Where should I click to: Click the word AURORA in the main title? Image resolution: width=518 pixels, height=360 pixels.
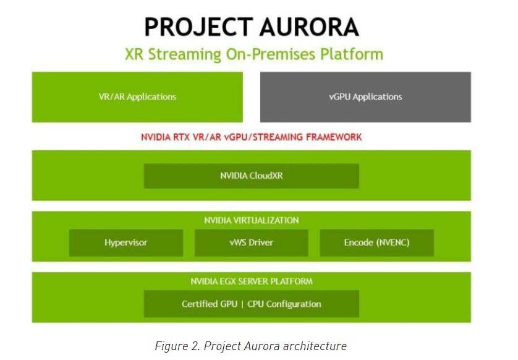pos(309,27)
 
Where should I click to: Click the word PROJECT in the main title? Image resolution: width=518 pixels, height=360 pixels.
pos(198,27)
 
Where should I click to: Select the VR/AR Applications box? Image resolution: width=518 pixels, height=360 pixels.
pos(137,97)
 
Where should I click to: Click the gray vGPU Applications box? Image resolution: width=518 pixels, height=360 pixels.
pos(365,97)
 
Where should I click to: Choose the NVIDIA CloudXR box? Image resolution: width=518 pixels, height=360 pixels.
pos(252,176)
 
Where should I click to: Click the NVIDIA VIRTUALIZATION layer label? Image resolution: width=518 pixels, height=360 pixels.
pos(252,220)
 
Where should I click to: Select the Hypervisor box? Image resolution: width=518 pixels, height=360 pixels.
pos(126,242)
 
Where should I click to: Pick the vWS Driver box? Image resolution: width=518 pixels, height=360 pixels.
pos(252,242)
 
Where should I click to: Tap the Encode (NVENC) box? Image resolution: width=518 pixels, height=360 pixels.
pos(376,242)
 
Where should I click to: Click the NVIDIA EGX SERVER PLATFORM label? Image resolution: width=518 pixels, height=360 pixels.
pos(252,281)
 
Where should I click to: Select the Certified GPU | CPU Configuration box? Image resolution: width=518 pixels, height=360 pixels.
pos(252,304)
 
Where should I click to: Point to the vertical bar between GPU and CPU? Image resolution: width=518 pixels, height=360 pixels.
pos(242,304)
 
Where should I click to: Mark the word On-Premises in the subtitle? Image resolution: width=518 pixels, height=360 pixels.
pos(271,54)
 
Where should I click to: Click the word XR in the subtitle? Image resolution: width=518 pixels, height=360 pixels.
pos(134,54)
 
